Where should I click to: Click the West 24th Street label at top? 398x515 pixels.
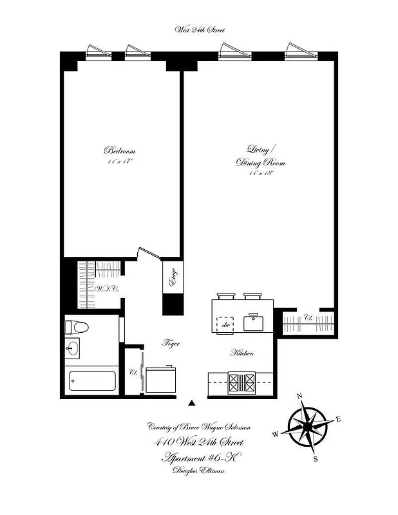click(200, 30)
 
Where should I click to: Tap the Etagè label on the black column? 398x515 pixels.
click(172, 277)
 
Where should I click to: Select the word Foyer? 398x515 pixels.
click(170, 344)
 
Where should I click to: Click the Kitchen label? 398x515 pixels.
click(243, 353)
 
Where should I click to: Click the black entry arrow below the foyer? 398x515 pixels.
click(191, 404)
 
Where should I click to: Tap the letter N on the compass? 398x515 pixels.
click(298, 396)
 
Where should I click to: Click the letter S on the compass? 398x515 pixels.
click(315, 458)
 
